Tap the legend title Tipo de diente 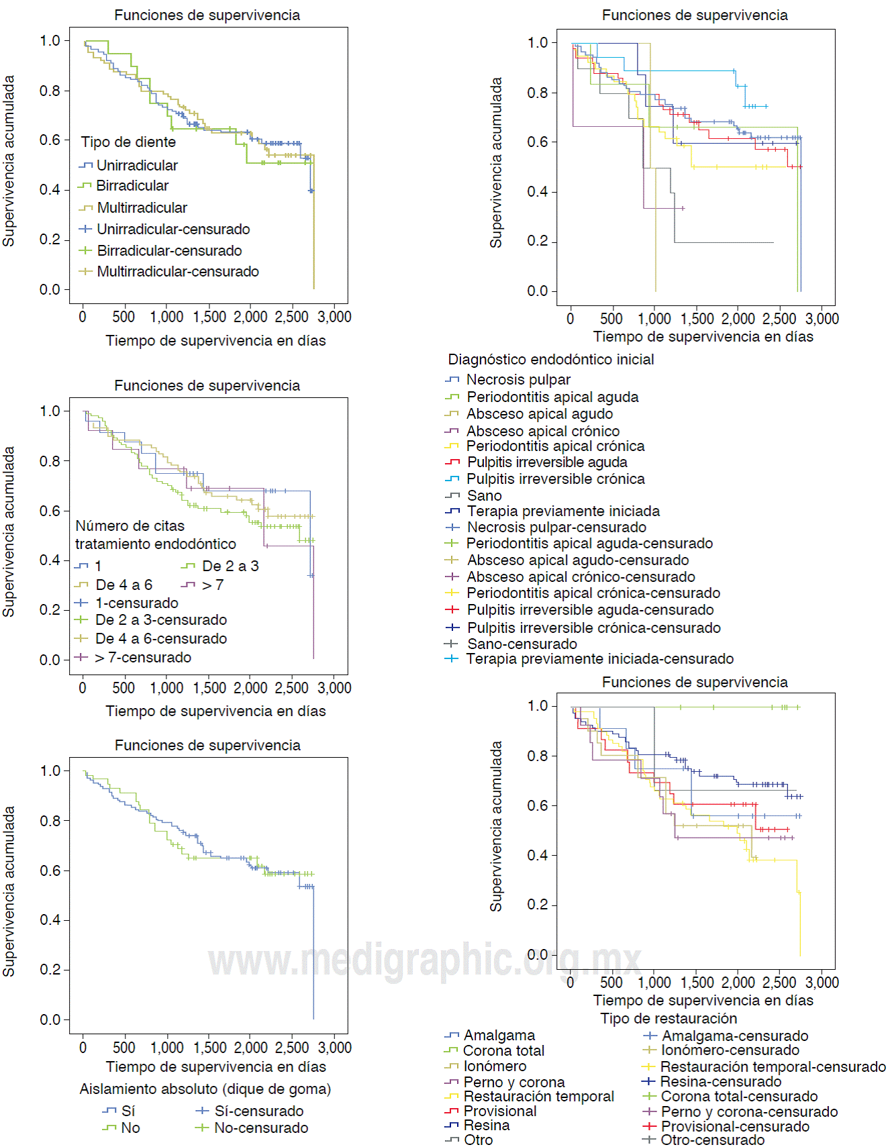point(128,142)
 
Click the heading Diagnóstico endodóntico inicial point(551,360)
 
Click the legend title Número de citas point(130,526)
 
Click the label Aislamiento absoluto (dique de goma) point(205,1089)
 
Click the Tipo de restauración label point(669,1019)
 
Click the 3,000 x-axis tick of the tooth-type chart point(334,317)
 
